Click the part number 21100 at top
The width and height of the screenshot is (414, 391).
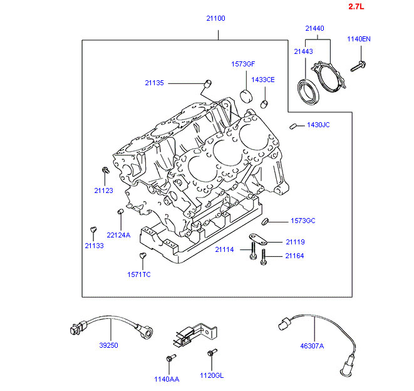click(216, 19)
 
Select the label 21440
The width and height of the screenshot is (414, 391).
click(315, 28)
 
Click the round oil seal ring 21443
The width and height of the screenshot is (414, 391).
click(308, 90)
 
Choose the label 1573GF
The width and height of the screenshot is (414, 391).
click(242, 64)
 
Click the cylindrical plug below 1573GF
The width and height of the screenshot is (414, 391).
click(246, 96)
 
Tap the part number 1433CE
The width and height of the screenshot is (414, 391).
click(263, 80)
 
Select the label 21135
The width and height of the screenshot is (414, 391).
click(155, 83)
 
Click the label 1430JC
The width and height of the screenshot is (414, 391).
click(318, 125)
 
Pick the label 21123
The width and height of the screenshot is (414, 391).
click(104, 190)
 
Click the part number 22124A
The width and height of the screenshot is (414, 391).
click(118, 235)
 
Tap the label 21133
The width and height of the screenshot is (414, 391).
click(94, 246)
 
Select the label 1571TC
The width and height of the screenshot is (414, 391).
click(140, 274)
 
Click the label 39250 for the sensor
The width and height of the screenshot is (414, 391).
click(108, 345)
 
